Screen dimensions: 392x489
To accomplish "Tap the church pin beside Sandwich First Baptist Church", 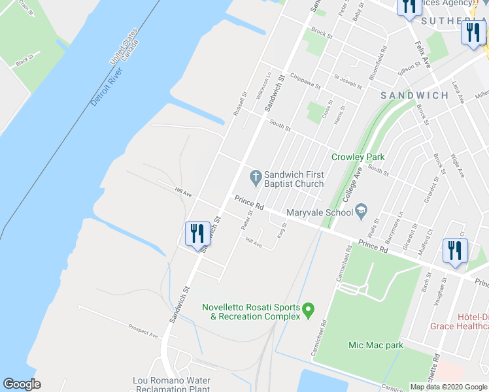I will click(x=256, y=176).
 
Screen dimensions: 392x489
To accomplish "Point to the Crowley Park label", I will click(x=358, y=157).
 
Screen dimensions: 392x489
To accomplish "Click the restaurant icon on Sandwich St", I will click(x=197, y=233).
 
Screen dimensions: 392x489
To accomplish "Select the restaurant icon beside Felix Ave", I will click(x=409, y=7).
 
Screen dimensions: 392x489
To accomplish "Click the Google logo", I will click(x=22, y=384).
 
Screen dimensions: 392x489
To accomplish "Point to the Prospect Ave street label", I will click(x=144, y=331).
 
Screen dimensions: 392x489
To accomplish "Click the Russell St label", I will click(x=240, y=103).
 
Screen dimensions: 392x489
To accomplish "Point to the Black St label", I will click(x=24, y=61).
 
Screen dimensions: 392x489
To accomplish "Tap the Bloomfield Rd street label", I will click(x=377, y=63).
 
